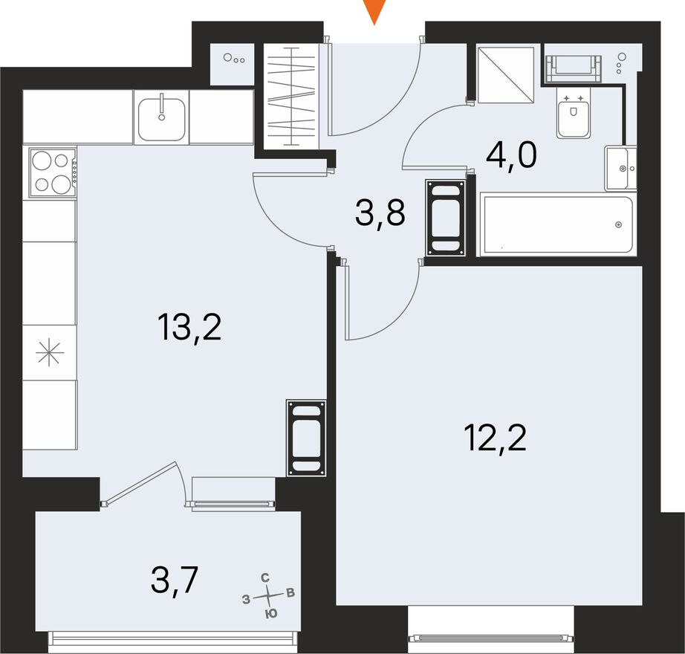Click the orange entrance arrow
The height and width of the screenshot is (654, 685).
(x=375, y=11)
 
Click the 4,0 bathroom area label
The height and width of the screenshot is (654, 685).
(x=511, y=155)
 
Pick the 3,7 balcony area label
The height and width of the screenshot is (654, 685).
(x=175, y=580)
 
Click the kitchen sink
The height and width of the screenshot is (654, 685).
(x=161, y=117)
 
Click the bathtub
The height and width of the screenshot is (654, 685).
(x=556, y=224)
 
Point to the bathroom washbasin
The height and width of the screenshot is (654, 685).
(x=620, y=169)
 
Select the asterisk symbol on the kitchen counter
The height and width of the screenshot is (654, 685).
(x=50, y=353)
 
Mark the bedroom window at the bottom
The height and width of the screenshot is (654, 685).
(x=491, y=637)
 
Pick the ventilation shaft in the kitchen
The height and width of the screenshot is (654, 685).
(x=307, y=438)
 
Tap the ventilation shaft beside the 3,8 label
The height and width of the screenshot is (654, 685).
(x=446, y=218)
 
